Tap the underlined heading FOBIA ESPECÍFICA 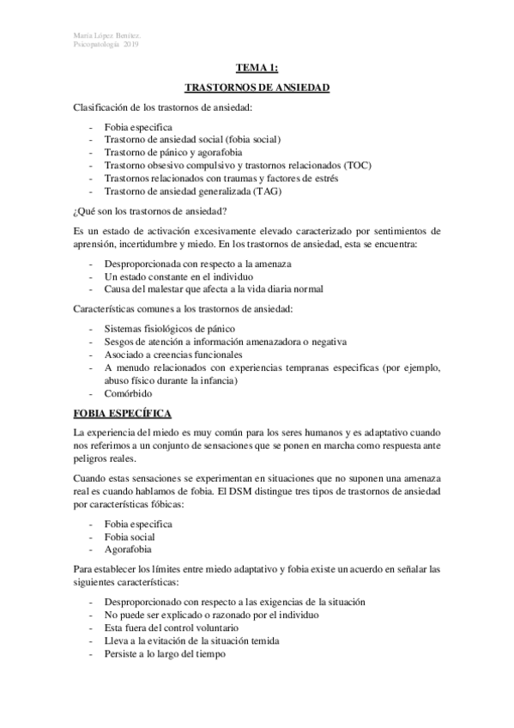pos(124,412)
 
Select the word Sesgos pos(119,341)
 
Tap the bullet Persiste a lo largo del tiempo pos(164,653)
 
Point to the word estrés pos(324,179)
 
